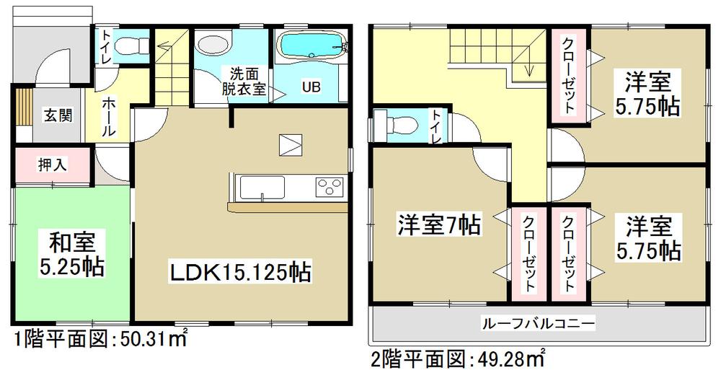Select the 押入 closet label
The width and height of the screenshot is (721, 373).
52,164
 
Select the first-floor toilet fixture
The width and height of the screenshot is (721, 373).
131,45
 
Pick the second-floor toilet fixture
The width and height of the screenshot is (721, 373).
395,125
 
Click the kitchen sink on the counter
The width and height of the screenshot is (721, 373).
262,189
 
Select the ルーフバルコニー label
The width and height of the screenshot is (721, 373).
539,324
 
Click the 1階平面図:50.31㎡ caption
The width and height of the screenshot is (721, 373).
99,339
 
